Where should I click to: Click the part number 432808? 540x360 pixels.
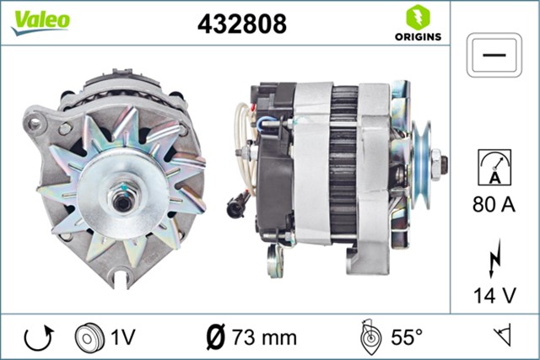241,24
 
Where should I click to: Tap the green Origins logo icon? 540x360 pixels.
416,16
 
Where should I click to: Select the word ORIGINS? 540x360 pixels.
416,37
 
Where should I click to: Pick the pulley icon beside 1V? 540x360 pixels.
88,337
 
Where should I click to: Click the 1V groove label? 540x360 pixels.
124,337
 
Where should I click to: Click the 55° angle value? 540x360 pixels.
406,337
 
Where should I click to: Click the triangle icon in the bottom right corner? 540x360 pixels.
505,337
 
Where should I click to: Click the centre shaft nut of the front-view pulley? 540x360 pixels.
121,202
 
